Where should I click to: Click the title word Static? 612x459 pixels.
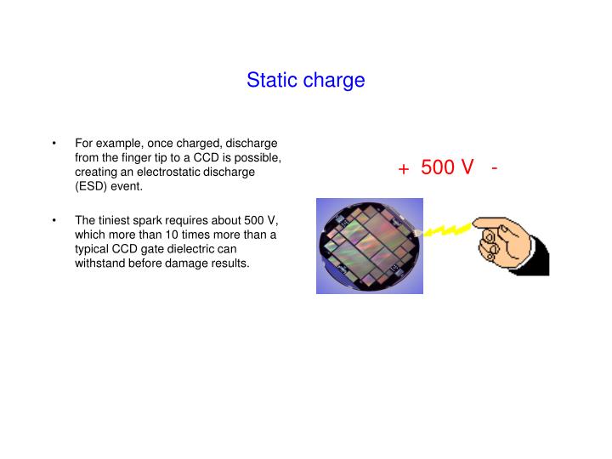[x=271, y=80]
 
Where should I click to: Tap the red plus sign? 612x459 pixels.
[x=404, y=169]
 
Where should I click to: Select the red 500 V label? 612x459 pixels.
[x=447, y=167]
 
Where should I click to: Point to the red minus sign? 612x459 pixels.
[x=494, y=167]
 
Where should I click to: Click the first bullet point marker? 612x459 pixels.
[x=54, y=143]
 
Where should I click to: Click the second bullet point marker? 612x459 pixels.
[x=54, y=220]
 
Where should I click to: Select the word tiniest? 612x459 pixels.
[x=115, y=220]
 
